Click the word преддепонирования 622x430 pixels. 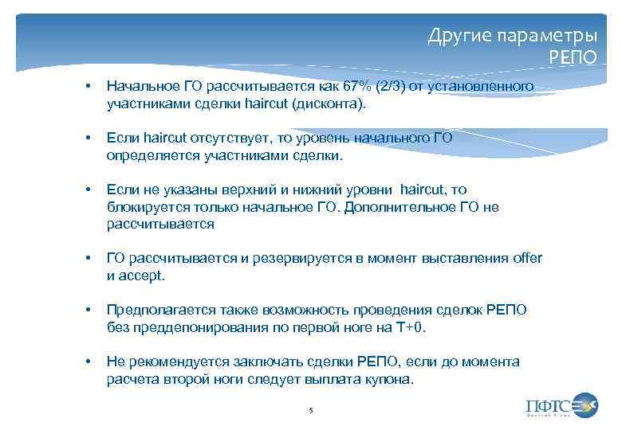pyautogui.click(x=188, y=328)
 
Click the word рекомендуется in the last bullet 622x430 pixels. pyautogui.click(x=168, y=362)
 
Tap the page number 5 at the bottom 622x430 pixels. pyautogui.click(x=310, y=409)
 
